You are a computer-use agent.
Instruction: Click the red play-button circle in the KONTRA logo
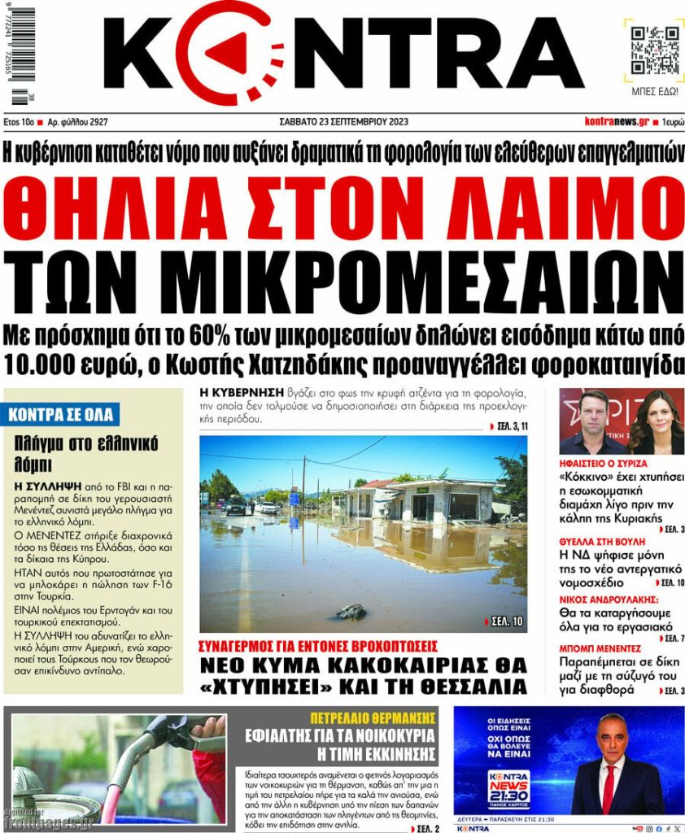tap(220, 53)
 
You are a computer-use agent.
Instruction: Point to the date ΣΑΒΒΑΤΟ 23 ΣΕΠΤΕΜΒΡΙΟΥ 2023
tap(342, 122)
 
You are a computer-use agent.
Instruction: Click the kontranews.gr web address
tap(617, 122)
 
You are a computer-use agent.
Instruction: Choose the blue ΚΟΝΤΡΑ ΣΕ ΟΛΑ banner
tap(63, 415)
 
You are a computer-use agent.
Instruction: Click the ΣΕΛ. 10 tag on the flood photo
tap(504, 622)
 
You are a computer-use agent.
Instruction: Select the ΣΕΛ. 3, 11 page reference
tap(508, 426)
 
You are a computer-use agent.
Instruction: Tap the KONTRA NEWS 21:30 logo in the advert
tap(508, 787)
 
